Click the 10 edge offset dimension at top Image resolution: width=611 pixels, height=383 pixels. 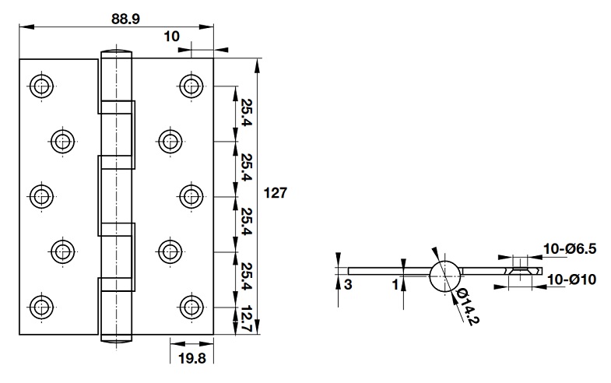click(172, 36)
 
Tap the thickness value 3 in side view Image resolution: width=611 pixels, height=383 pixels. click(347, 286)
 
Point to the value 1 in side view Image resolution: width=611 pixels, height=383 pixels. click(395, 286)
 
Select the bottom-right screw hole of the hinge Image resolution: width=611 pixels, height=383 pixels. click(191, 304)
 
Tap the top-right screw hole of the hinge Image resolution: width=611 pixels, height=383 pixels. click(191, 84)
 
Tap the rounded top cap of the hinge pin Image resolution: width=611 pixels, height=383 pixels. click(115, 54)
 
